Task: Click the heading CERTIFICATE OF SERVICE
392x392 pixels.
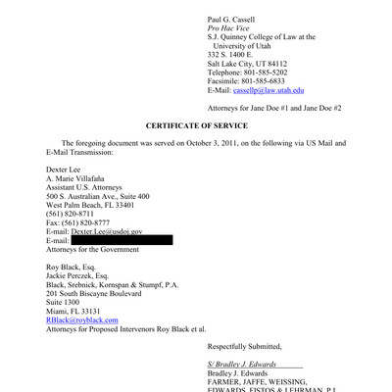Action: [x=196, y=126]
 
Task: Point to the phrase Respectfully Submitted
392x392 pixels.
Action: [x=244, y=346]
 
